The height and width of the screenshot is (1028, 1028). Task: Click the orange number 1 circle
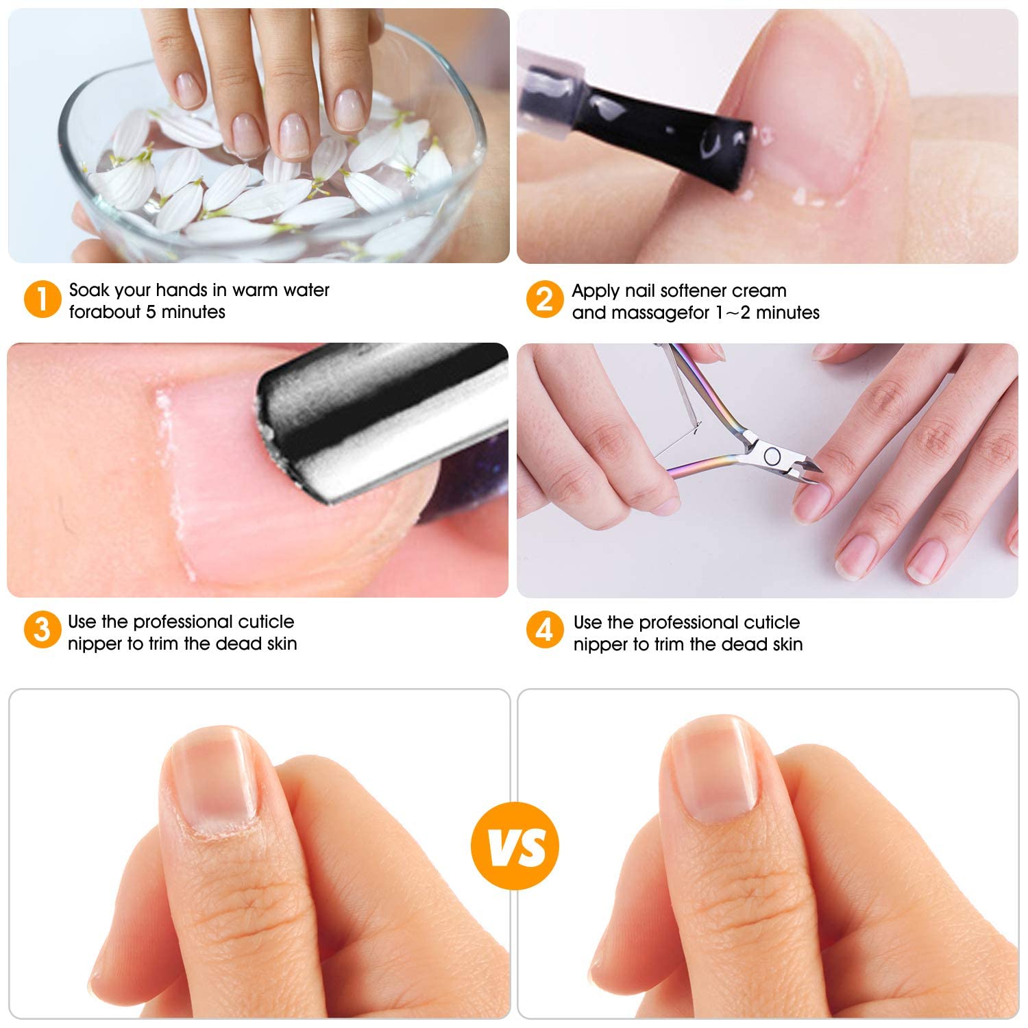tap(42, 300)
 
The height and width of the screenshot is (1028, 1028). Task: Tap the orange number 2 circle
tap(545, 300)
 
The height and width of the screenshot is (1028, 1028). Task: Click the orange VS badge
tap(515, 846)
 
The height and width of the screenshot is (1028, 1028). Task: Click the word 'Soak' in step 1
tap(89, 290)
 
